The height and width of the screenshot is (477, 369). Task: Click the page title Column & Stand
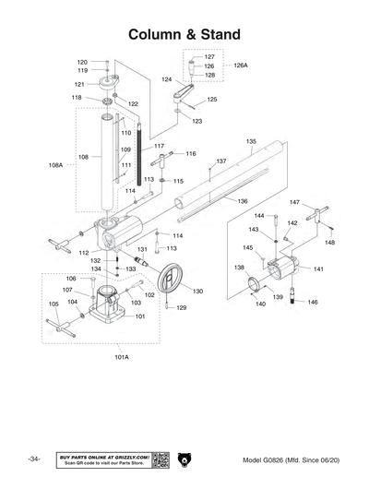[x=184, y=34]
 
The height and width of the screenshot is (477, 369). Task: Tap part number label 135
[x=250, y=141]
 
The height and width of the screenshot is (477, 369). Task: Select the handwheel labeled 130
[x=171, y=280]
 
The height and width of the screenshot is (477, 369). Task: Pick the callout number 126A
[x=241, y=66]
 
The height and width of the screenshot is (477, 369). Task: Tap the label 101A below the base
[x=121, y=355]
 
